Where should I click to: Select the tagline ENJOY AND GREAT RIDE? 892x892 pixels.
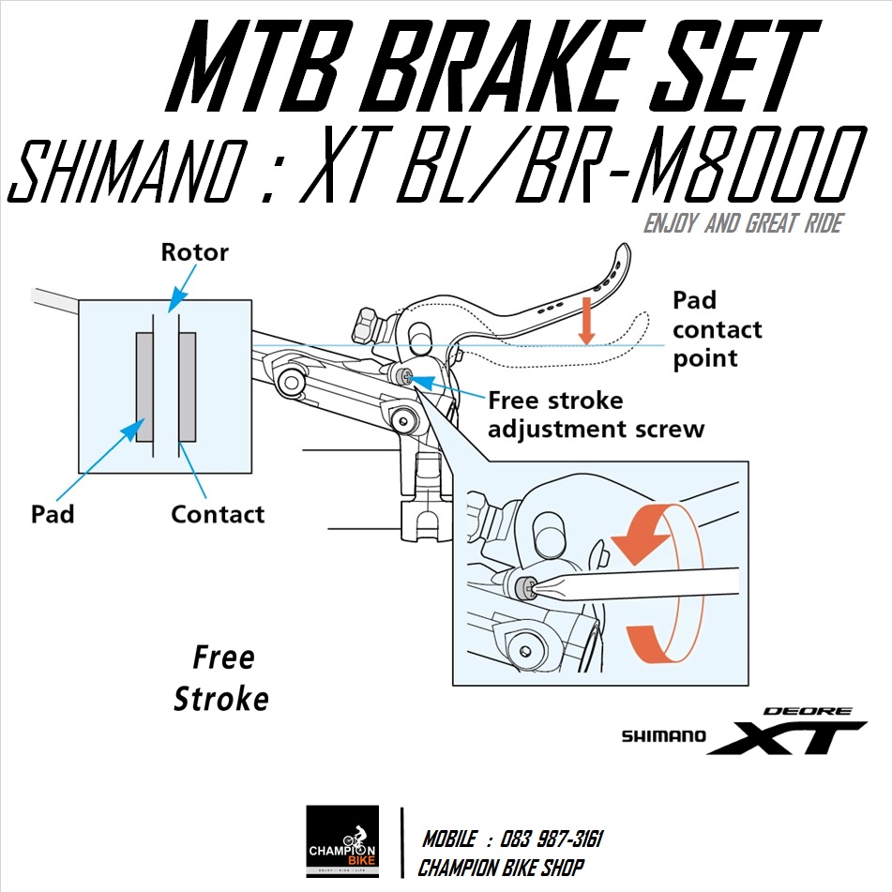(742, 223)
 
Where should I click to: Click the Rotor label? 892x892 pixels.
(194, 252)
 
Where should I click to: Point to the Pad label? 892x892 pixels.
(53, 514)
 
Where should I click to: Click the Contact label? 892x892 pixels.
(218, 514)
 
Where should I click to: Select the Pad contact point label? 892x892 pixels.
(718, 329)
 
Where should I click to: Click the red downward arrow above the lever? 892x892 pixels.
(587, 320)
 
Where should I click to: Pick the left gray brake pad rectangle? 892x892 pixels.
(144, 386)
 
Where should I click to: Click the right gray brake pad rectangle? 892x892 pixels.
(187, 386)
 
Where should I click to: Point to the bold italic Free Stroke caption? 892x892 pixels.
(222, 678)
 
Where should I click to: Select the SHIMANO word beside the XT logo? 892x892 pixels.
(663, 737)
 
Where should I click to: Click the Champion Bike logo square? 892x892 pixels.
(342, 840)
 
